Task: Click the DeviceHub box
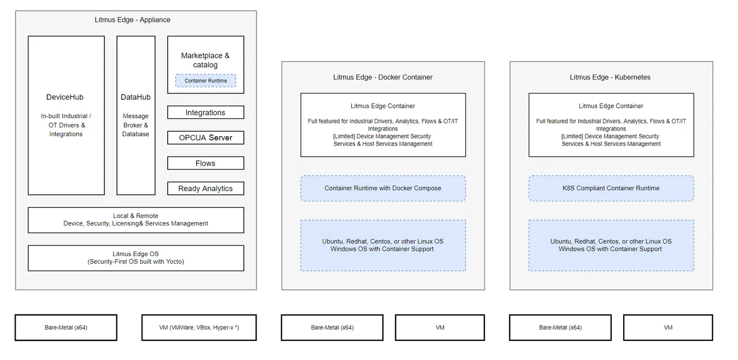(x=66, y=115)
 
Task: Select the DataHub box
(x=136, y=115)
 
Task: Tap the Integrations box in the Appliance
(x=205, y=112)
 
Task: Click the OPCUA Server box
(x=205, y=138)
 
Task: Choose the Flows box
(x=205, y=163)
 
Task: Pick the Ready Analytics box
(x=205, y=189)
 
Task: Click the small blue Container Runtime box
(x=206, y=81)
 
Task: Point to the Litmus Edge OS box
(x=136, y=258)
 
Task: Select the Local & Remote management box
(x=136, y=220)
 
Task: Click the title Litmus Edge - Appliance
(x=133, y=20)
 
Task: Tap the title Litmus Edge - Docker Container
(x=383, y=77)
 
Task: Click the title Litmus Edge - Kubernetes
(x=610, y=77)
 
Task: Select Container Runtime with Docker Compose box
(x=383, y=188)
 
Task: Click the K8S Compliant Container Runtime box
(x=611, y=188)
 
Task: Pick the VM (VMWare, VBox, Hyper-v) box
(x=199, y=328)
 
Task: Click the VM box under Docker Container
(x=440, y=328)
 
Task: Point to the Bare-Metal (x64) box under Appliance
(x=66, y=328)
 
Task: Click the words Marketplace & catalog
(x=205, y=60)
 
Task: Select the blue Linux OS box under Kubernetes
(x=611, y=245)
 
